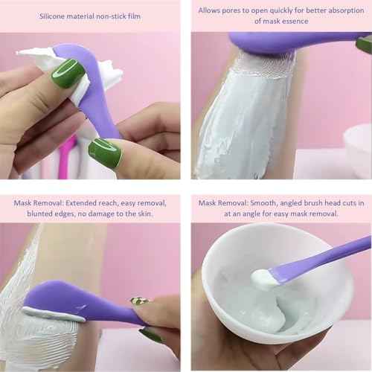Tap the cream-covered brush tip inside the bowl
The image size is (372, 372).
point(264,280)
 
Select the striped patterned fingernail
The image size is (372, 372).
point(139,301)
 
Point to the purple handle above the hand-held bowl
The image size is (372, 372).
point(327,257)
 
